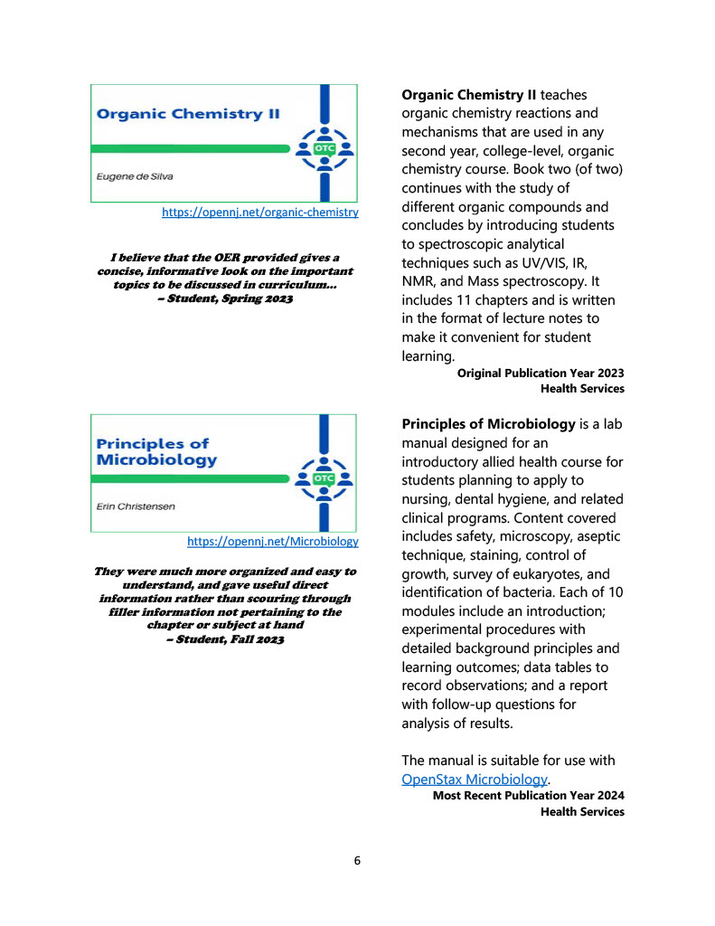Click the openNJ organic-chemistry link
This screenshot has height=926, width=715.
(259, 213)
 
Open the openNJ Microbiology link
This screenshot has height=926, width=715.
(272, 542)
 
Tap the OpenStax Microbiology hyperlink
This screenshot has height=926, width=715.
(475, 779)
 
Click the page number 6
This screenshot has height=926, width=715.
(357, 861)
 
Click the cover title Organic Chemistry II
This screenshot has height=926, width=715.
(188, 115)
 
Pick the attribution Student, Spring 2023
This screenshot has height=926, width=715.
(225, 298)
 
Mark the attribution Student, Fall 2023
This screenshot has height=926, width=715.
(226, 639)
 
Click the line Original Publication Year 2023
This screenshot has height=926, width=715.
(541, 373)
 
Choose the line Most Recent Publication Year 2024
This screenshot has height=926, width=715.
(528, 796)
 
